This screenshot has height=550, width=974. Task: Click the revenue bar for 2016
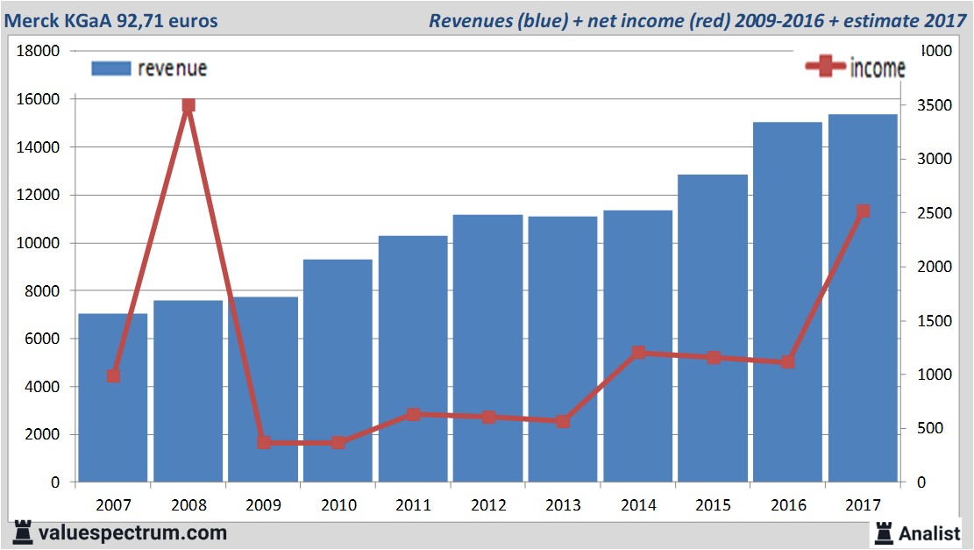[x=787, y=303]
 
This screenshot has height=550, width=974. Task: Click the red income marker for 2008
[x=188, y=105]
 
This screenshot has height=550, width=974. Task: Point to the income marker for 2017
[x=863, y=211]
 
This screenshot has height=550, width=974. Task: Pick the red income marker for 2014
[x=638, y=353]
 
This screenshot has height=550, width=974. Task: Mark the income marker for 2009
[x=264, y=442]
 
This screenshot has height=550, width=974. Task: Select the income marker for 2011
[x=414, y=414]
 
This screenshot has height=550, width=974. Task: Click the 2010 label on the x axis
[x=338, y=505]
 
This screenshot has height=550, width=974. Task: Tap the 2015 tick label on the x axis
[x=713, y=505]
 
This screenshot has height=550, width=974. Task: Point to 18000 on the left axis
[x=39, y=51]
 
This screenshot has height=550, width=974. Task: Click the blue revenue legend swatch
[x=110, y=68]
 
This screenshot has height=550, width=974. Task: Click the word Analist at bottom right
[x=930, y=532]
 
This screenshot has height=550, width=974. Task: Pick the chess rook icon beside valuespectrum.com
[x=21, y=532]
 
